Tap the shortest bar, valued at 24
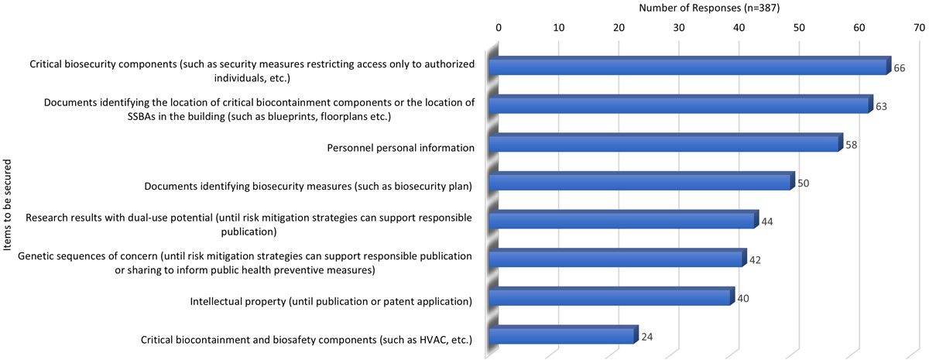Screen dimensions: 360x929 click(x=562, y=337)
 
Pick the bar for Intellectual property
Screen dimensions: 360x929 click(x=610, y=298)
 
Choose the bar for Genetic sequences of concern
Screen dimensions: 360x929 click(x=617, y=259)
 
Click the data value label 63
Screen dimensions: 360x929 click(x=881, y=107)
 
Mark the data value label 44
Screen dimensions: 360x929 click(x=767, y=222)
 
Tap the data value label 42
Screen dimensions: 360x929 click(x=755, y=261)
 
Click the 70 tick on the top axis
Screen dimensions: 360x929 click(x=919, y=28)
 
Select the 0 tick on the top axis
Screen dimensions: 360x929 click(x=499, y=28)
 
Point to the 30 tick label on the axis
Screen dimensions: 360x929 click(x=679, y=28)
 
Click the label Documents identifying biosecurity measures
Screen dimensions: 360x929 click(x=308, y=186)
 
